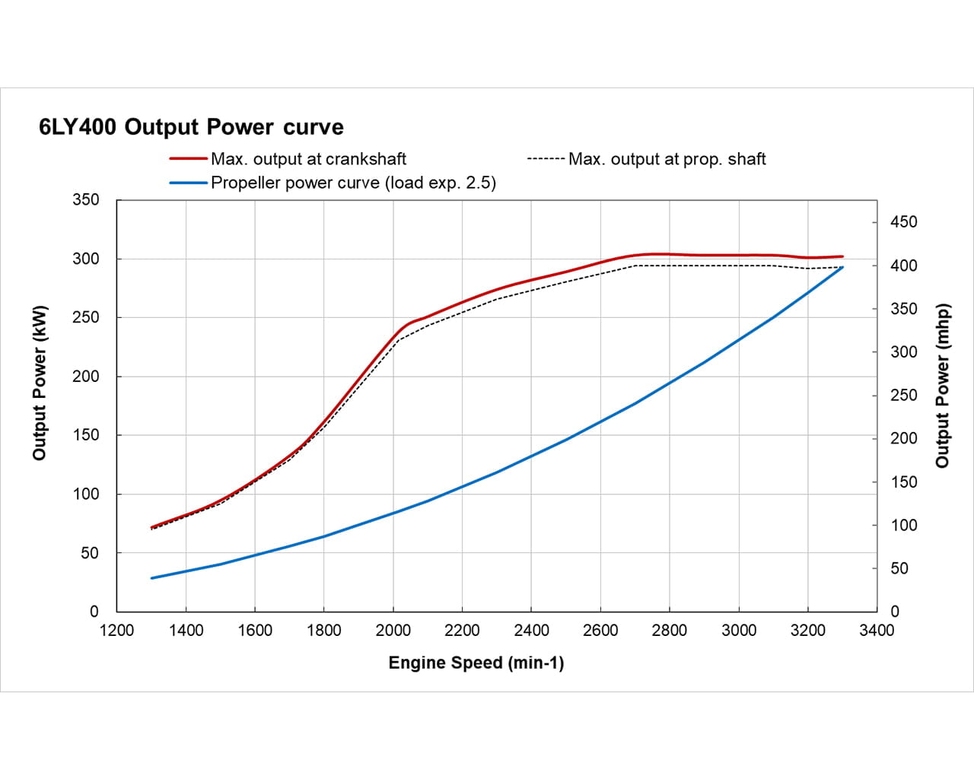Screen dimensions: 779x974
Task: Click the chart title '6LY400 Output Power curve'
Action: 191,126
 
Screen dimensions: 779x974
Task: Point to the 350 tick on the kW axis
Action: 85,200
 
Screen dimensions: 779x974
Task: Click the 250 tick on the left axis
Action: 85,317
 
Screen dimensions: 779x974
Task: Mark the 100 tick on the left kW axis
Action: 85,494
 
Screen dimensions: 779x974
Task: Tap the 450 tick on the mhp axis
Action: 904,222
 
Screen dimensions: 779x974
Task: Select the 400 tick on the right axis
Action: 904,265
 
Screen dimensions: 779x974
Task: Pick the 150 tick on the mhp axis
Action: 904,482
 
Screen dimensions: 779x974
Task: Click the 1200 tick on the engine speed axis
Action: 116,630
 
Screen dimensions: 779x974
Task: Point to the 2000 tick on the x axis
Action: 393,630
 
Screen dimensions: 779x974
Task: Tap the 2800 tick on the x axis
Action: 670,630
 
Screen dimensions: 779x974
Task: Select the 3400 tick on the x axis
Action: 877,630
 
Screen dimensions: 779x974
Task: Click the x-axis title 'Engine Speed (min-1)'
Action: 476,663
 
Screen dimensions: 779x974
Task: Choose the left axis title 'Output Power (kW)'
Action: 40,383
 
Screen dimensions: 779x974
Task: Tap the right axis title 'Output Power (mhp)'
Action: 943,386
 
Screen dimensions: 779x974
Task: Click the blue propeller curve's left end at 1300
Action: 151,578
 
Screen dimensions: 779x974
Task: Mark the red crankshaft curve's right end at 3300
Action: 842,256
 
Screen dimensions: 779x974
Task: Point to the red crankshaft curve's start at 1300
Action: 151,527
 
